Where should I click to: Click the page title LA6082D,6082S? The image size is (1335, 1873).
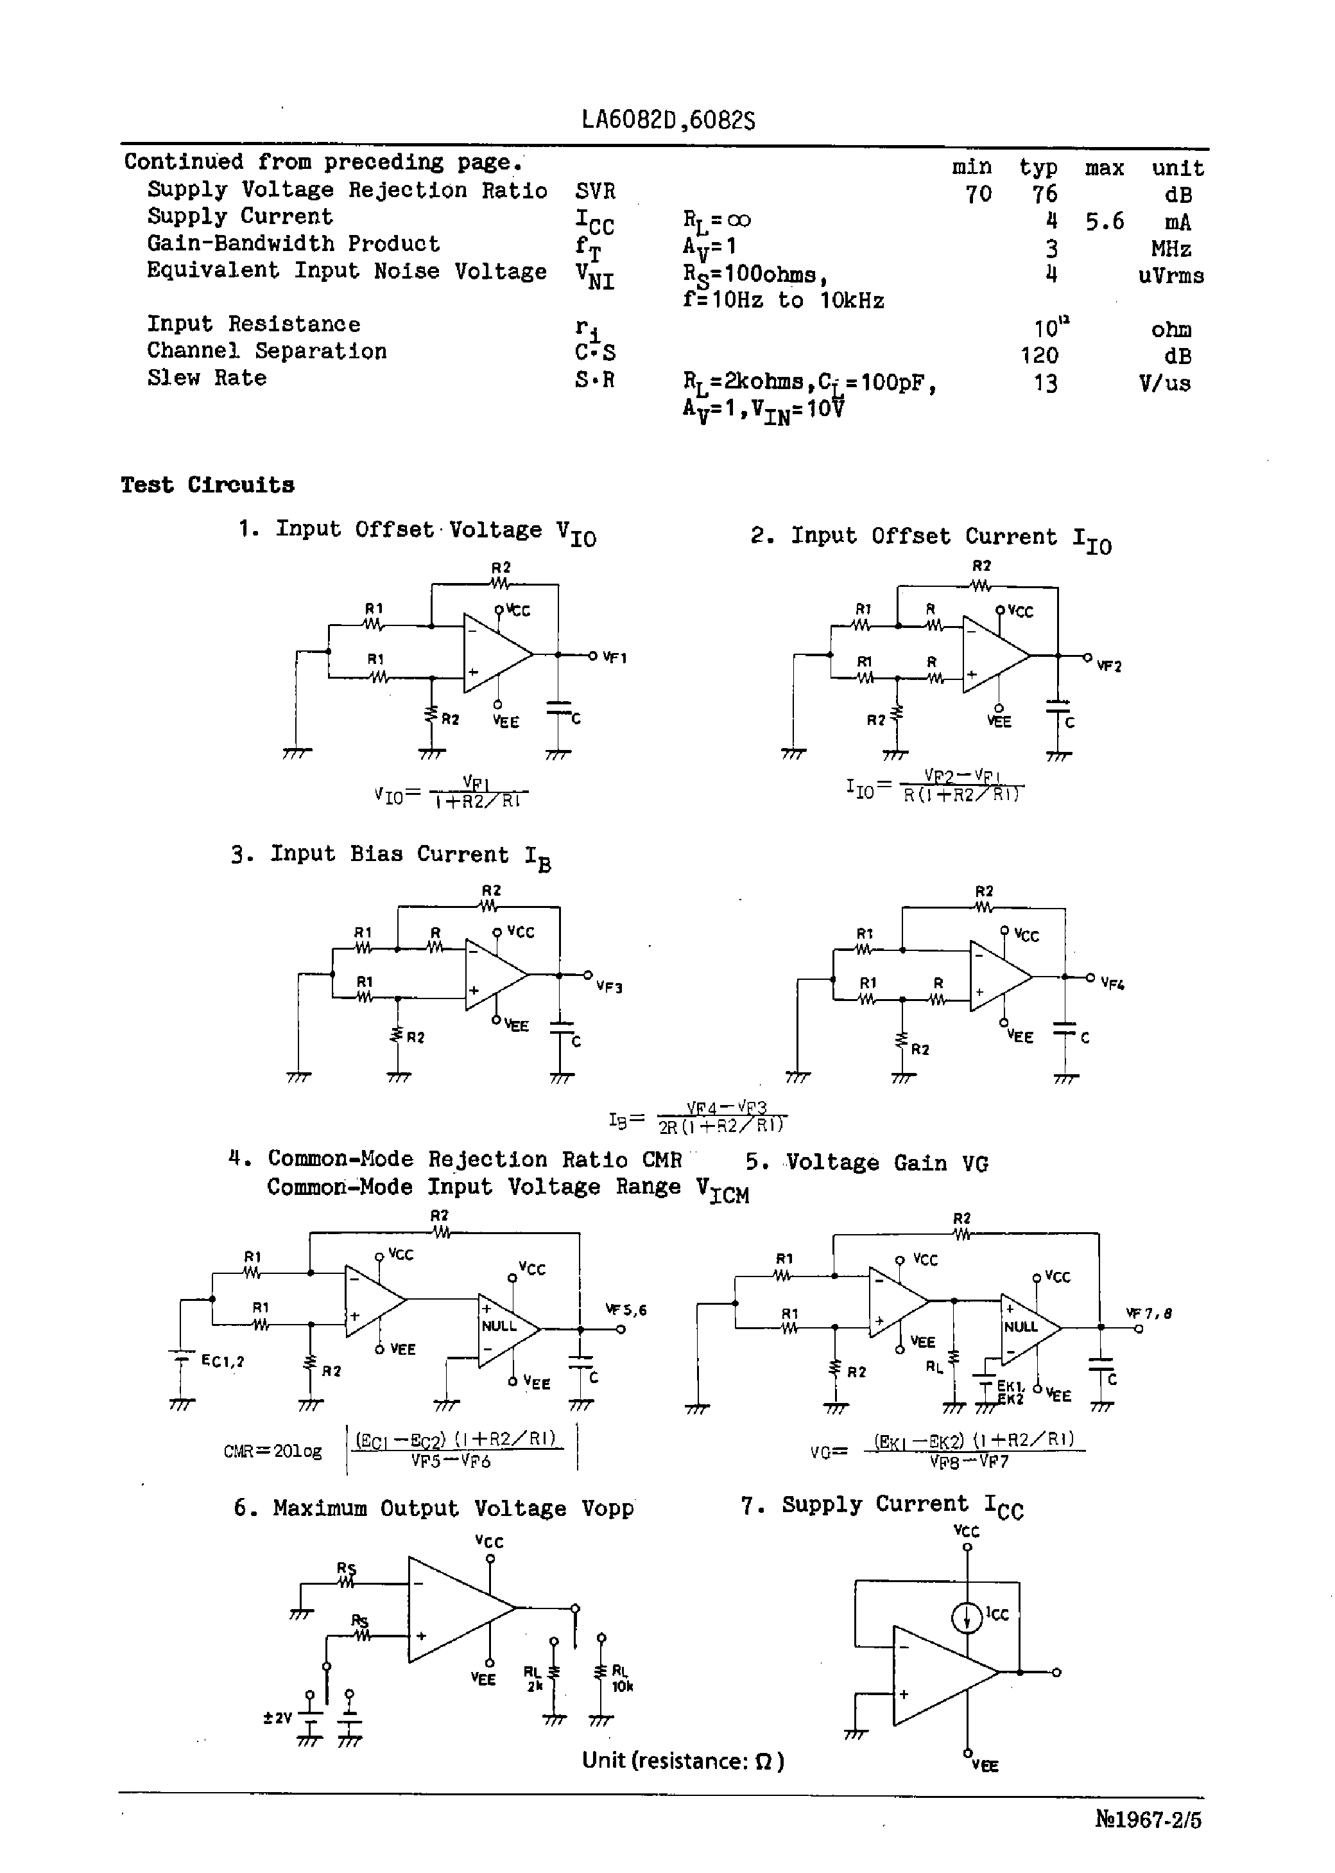(x=667, y=121)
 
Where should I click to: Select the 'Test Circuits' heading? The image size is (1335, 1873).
(x=207, y=485)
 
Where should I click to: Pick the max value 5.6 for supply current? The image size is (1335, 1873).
(x=1104, y=221)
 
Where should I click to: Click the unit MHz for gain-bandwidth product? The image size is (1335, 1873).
(x=1171, y=248)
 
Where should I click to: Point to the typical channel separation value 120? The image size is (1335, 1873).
(x=1039, y=356)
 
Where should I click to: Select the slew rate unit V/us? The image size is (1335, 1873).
(x=1165, y=383)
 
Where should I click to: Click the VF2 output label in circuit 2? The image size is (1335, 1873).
(x=1109, y=666)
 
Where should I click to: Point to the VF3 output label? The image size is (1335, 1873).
(x=609, y=987)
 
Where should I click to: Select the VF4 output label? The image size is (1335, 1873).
(x=1112, y=983)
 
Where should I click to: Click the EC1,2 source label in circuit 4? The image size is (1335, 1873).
(x=223, y=1361)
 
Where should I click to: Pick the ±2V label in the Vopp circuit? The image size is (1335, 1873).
(x=278, y=1718)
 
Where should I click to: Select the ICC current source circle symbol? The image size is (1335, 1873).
(x=967, y=1618)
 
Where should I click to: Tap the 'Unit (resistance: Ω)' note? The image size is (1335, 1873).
(x=682, y=1761)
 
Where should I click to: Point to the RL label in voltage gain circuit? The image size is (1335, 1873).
(x=935, y=1367)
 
